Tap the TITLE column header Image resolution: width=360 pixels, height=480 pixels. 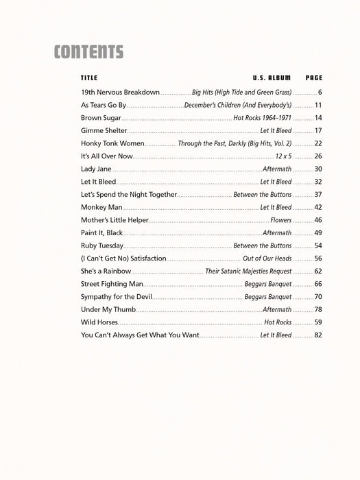[x=89, y=78]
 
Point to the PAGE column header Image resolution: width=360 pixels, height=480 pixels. [x=314, y=78]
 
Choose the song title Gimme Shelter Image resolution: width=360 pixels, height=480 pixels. [x=104, y=130]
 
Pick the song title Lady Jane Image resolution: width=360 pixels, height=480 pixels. [x=96, y=169]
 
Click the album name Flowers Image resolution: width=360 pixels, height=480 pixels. [x=281, y=220]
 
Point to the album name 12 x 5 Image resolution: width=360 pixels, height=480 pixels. [x=283, y=156]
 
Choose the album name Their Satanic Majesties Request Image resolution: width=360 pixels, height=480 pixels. [x=248, y=271]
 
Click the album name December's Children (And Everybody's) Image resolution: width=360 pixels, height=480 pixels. [x=238, y=105]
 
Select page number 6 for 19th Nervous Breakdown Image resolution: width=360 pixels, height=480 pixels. [x=320, y=92]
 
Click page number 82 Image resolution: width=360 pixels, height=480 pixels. [x=318, y=335]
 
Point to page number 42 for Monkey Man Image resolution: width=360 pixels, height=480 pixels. [x=318, y=207]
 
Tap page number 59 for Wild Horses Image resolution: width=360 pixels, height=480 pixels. [x=318, y=322]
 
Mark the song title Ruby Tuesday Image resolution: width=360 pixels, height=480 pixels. [x=102, y=245]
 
